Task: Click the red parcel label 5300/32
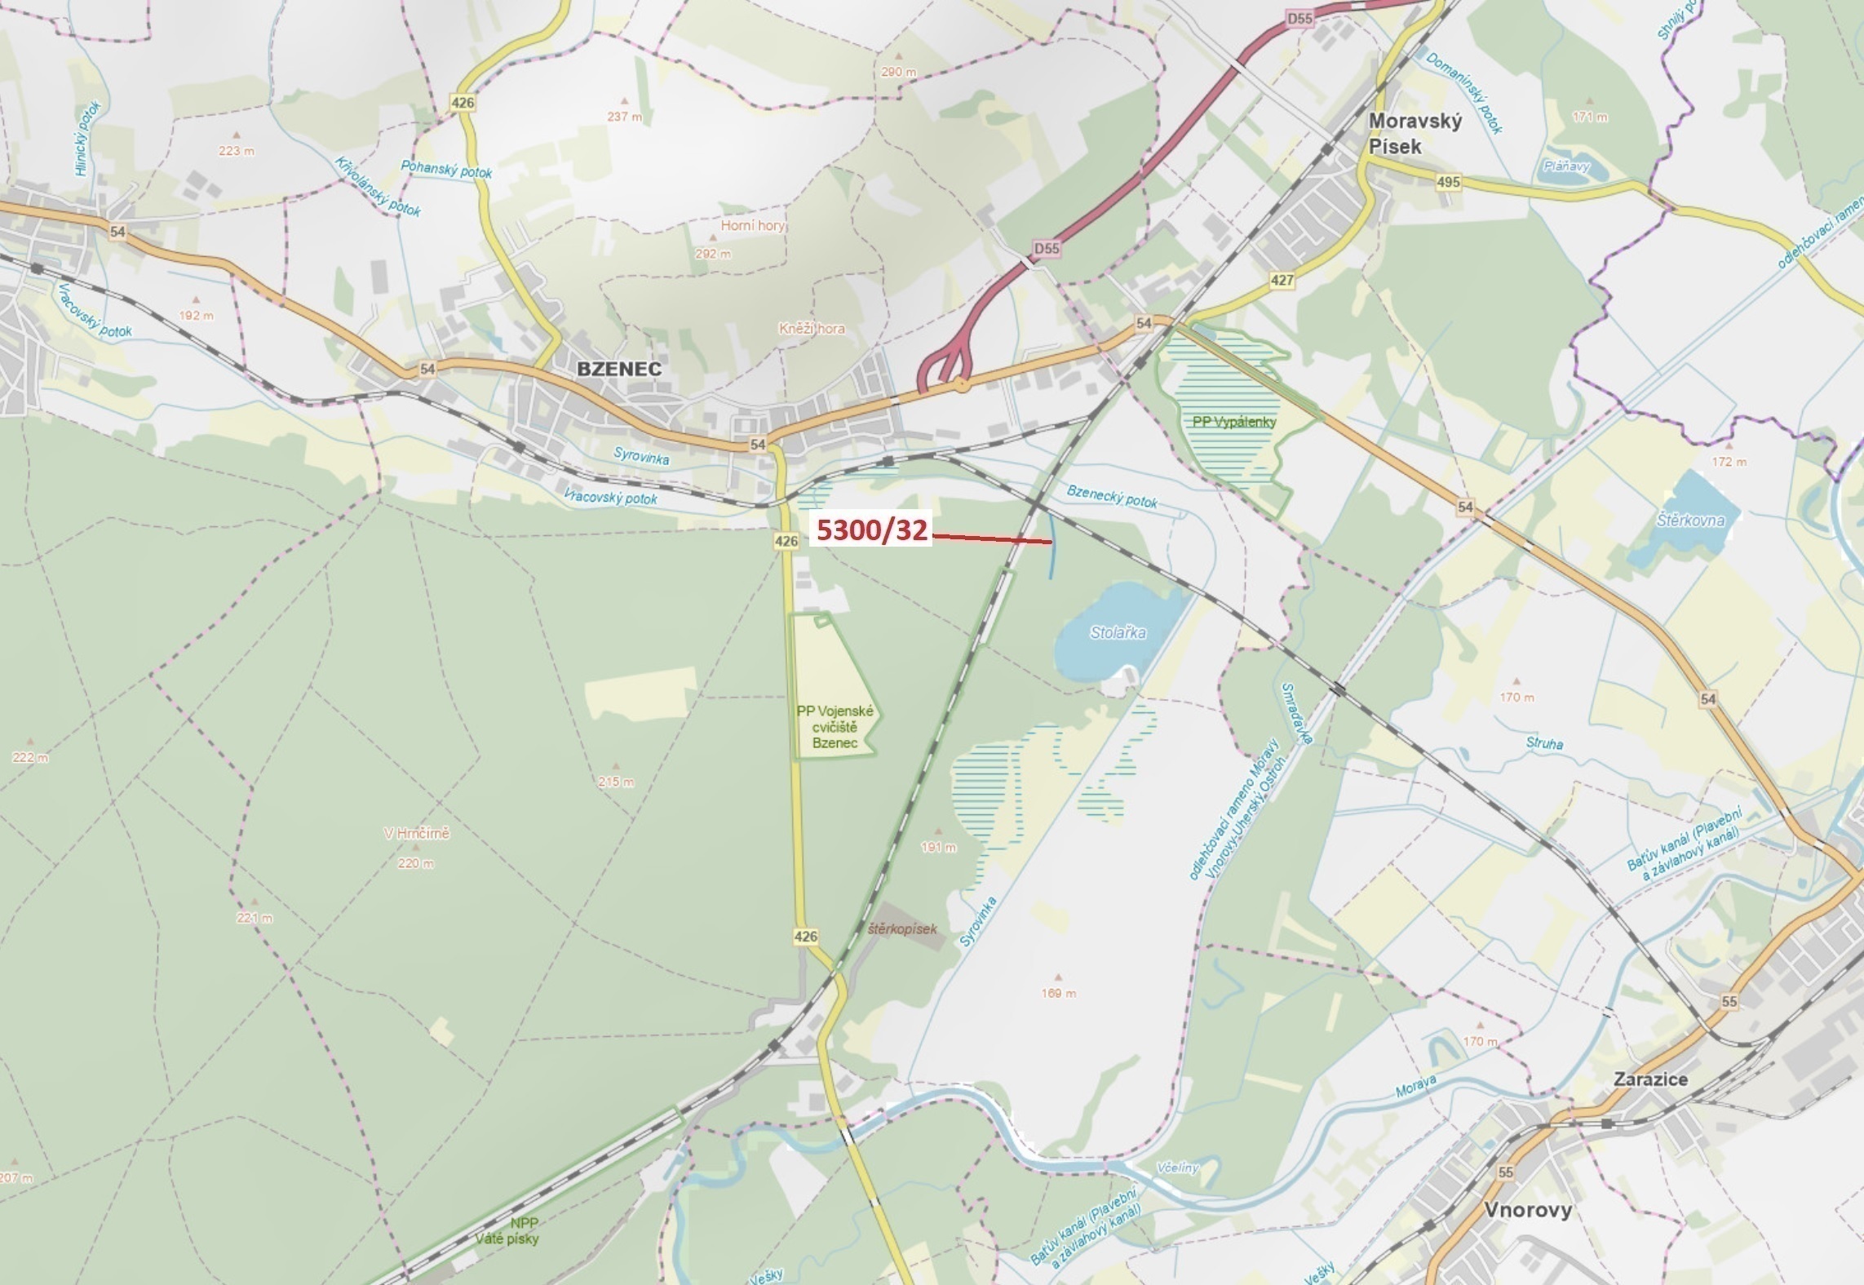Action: pyautogui.click(x=872, y=531)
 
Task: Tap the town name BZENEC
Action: pyautogui.click(x=618, y=369)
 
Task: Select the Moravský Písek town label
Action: pyautogui.click(x=1415, y=134)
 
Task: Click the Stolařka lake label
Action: pyautogui.click(x=1118, y=632)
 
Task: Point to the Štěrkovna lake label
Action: pyautogui.click(x=1690, y=520)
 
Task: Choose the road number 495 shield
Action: pyautogui.click(x=1448, y=182)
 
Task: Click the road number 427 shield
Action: pyautogui.click(x=1282, y=280)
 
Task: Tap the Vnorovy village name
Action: pyautogui.click(x=1527, y=1209)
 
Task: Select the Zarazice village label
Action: pyautogui.click(x=1650, y=1079)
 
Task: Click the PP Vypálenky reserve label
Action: pyautogui.click(x=1233, y=422)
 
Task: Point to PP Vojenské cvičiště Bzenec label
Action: pyautogui.click(x=835, y=727)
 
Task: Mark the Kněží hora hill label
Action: pyautogui.click(x=811, y=329)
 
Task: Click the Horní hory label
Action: pyautogui.click(x=751, y=225)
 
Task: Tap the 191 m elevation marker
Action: pyautogui.click(x=938, y=847)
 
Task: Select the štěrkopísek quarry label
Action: pyautogui.click(x=902, y=928)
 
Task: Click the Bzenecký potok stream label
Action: pyautogui.click(x=1111, y=495)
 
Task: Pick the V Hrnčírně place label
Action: pyautogui.click(x=416, y=834)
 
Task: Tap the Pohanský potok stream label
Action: pyautogui.click(x=445, y=169)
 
